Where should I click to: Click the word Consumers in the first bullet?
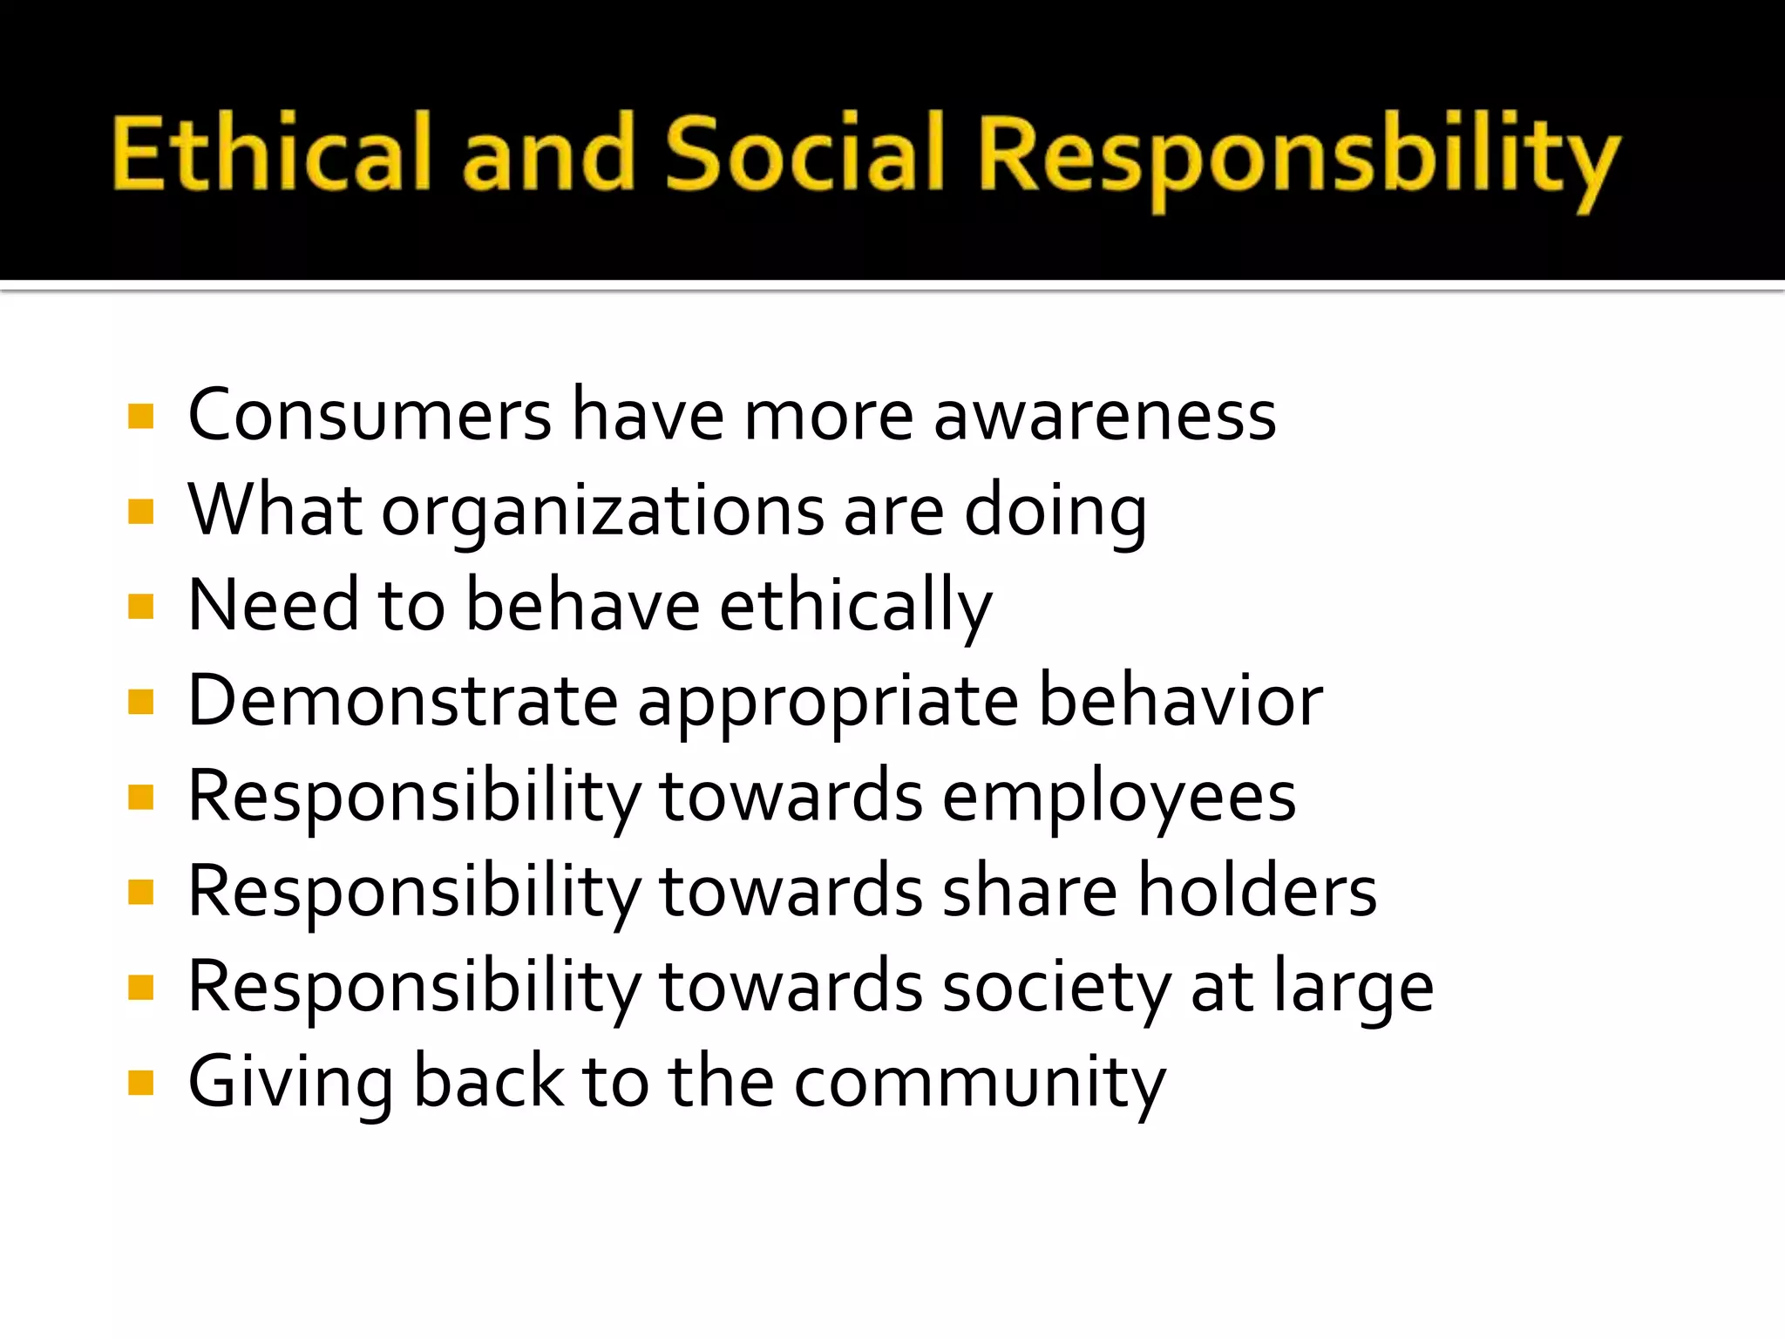(x=370, y=415)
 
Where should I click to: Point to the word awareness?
(x=1104, y=417)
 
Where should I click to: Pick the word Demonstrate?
(x=403, y=701)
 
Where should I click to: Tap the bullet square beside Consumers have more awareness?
(x=140, y=417)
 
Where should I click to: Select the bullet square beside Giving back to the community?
(x=140, y=1083)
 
